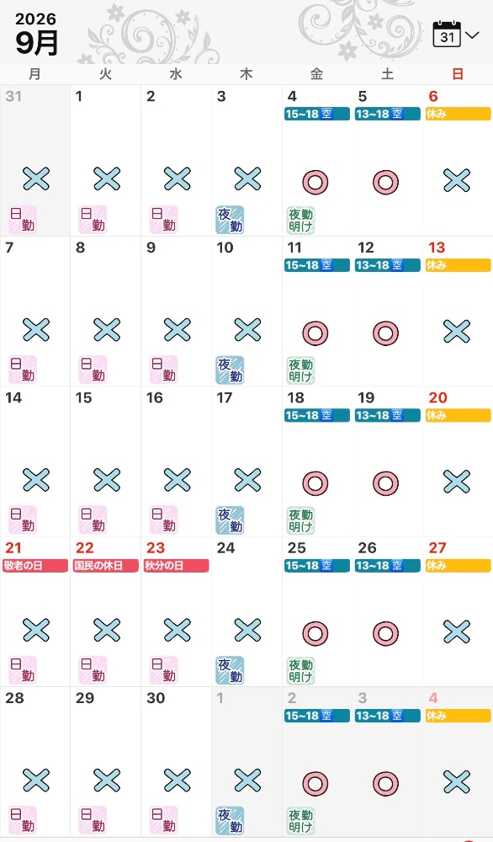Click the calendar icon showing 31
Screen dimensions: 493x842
447,35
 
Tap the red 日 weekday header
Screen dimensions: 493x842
458,74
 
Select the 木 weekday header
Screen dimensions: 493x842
246,74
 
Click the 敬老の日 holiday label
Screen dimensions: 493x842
35,566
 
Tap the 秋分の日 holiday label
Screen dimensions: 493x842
176,566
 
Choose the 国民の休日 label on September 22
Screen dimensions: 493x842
106,566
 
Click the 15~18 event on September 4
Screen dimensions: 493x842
317,114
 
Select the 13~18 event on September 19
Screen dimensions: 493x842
387,415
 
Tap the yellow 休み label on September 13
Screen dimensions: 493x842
459,264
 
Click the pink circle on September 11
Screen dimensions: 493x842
315,333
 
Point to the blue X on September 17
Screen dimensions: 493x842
247,480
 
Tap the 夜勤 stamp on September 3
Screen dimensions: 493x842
230,220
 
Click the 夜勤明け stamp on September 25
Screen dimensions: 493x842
300,671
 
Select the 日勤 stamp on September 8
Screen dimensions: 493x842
93,370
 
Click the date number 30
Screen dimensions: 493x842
156,698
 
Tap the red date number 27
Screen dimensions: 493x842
437,548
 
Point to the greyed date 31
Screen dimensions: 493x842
13,96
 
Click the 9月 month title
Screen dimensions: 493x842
36,43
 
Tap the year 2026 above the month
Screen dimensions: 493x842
35,19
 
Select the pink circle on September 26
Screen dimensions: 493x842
385,634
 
